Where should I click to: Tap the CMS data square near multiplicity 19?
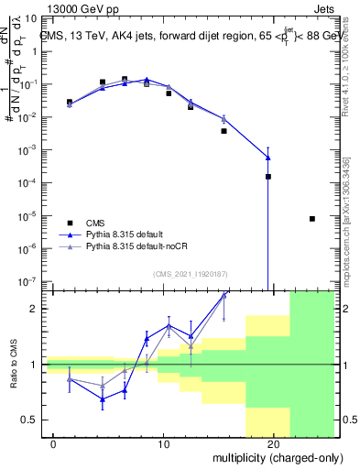[x=268, y=177]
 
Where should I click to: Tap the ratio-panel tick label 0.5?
[x=31, y=420]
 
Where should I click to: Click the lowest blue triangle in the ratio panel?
[x=103, y=398]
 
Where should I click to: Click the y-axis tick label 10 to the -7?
[x=29, y=281]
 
